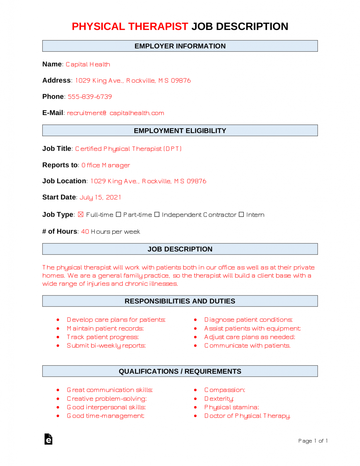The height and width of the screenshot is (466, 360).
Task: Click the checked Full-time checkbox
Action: point(80,214)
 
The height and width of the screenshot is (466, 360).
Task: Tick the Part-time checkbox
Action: point(119,214)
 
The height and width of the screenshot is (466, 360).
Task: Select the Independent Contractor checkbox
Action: point(157,214)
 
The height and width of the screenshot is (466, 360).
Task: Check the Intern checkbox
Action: point(241,214)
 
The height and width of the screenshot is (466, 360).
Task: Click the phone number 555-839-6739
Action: point(90,97)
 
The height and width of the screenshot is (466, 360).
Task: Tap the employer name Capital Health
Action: point(88,64)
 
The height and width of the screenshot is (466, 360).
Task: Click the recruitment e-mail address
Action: point(115,113)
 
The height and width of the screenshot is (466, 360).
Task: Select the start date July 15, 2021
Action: point(100,198)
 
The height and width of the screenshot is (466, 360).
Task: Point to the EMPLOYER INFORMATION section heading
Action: point(180,46)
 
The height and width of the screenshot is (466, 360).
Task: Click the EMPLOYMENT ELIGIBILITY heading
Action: point(180,131)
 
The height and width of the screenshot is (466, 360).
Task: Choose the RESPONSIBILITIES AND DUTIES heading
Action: point(180,301)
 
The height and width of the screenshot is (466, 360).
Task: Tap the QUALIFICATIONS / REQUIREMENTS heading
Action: point(180,371)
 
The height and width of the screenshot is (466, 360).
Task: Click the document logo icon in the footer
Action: point(48,439)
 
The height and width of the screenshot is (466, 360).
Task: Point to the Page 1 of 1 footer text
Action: point(313,441)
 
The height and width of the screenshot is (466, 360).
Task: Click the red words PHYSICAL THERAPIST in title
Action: point(130,27)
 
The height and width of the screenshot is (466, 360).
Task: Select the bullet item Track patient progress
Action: point(103,337)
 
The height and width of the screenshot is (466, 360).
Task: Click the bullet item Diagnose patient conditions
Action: point(248,320)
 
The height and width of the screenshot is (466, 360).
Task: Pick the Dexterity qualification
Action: point(219,399)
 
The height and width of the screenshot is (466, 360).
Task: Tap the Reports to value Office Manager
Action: point(106,165)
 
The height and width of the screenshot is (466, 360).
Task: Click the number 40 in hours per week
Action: point(85,232)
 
